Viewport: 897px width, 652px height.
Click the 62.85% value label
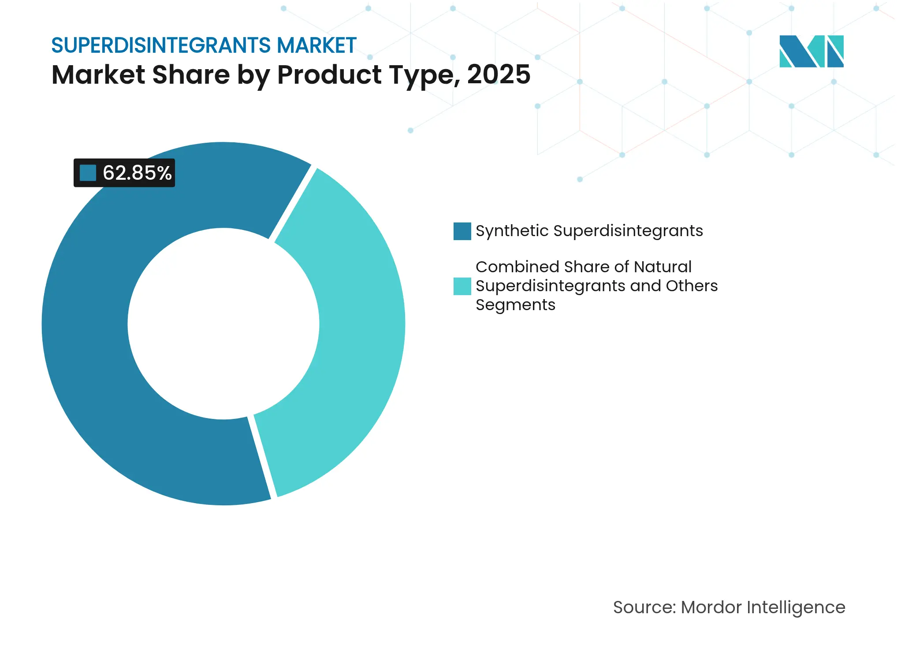137,173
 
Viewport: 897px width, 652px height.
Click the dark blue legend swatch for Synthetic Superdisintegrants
462,231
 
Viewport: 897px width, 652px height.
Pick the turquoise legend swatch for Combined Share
462,286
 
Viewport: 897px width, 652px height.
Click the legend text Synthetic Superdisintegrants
589,231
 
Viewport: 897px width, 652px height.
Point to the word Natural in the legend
663,267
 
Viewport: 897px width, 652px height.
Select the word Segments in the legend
515,305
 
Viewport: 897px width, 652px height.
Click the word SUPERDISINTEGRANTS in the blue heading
161,45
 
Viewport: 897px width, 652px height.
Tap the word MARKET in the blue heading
316,45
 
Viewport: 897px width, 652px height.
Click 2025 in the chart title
498,74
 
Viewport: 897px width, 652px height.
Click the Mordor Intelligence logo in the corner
811,51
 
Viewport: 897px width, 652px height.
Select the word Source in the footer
644,608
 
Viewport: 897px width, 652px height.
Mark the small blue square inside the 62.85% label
88,173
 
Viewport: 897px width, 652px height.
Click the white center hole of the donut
223,324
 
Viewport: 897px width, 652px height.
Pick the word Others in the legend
692,286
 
